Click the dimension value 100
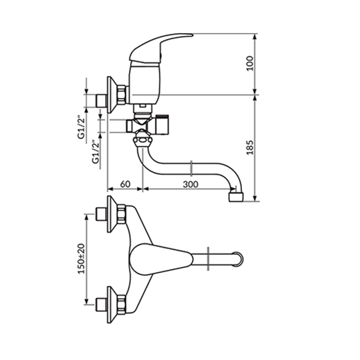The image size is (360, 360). click(250, 63)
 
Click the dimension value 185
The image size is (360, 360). click(250, 148)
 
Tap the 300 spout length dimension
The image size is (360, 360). click(191, 184)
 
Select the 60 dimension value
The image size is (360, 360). click(125, 184)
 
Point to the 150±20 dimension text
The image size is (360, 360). click(81, 258)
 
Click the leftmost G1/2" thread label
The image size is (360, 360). click(81, 128)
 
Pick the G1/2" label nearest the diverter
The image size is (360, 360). click(96, 153)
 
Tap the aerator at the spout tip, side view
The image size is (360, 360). click(236, 197)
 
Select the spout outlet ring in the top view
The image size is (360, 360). click(238, 259)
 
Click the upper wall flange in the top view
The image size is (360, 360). click(111, 214)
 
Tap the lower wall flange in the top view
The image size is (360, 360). click(111, 305)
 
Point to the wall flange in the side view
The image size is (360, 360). click(111, 95)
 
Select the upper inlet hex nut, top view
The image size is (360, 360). click(122, 214)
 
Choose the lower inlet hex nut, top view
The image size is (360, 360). click(122, 305)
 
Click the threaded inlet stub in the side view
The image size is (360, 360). click(101, 101)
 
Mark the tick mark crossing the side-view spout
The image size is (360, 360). click(192, 168)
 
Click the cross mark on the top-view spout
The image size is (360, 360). click(208, 259)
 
